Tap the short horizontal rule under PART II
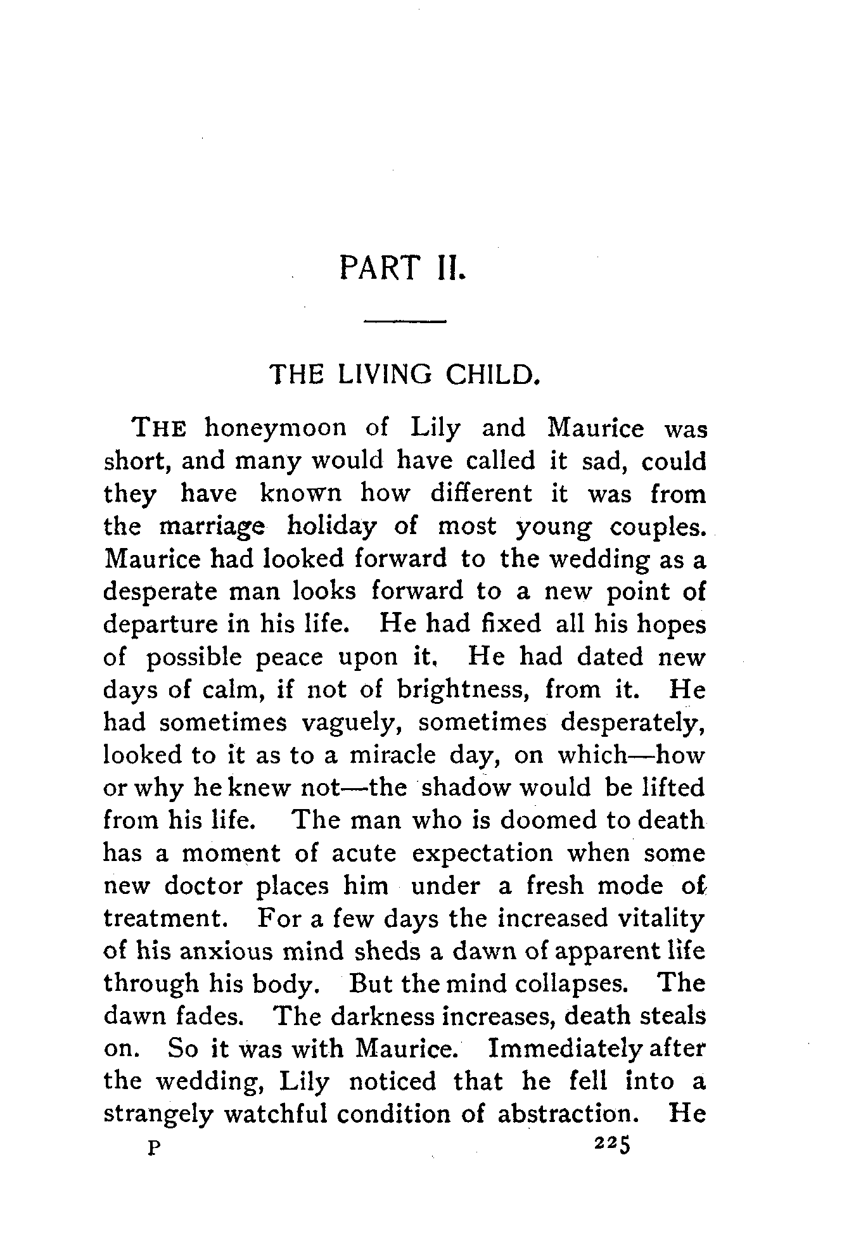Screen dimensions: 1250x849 pos(405,323)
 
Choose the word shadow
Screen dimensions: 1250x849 pos(466,788)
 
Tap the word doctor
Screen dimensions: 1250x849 pos(203,886)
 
